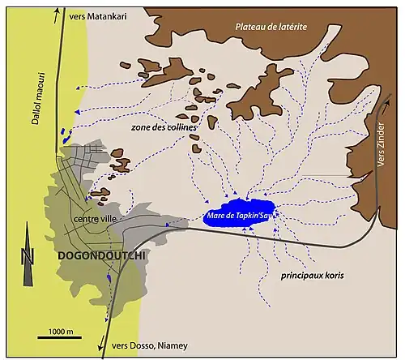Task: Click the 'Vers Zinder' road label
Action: [383, 146]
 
